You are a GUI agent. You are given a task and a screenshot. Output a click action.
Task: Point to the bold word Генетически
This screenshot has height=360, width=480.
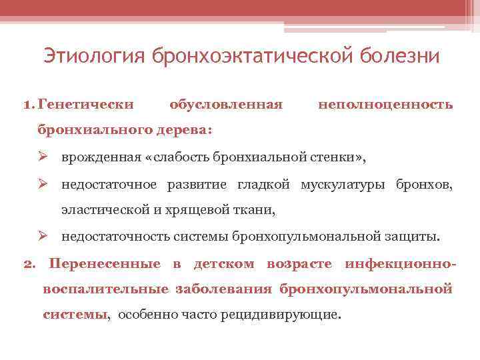click(x=86, y=105)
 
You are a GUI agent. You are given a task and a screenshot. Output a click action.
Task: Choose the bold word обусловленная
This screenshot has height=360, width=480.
click(x=226, y=105)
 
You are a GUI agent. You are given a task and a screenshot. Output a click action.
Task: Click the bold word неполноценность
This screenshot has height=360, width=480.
click(x=386, y=105)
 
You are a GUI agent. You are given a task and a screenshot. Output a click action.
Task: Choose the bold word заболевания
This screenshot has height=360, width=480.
click(x=224, y=289)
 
